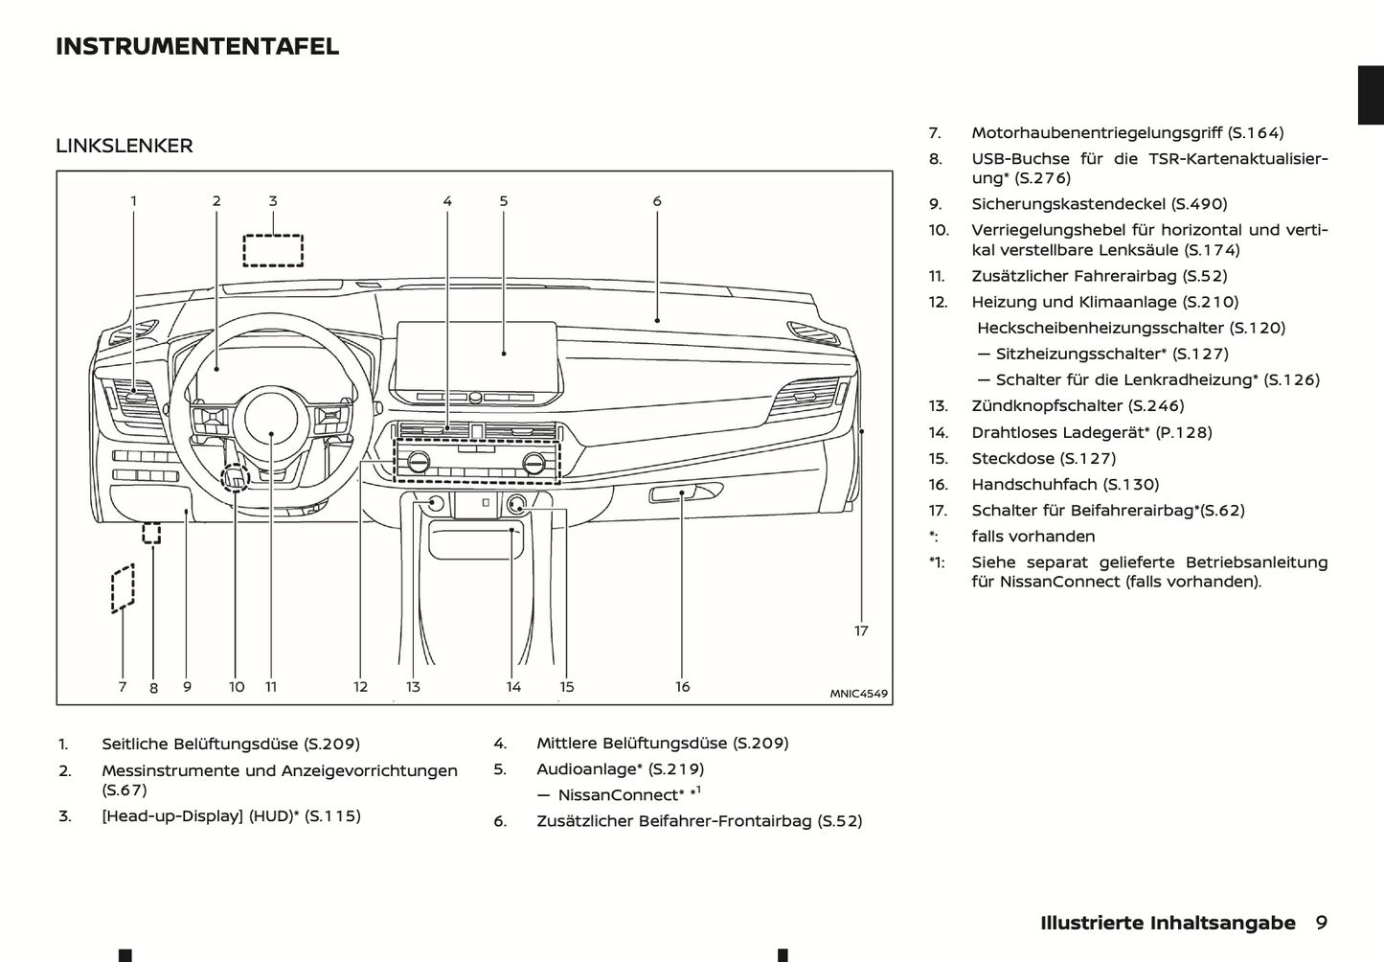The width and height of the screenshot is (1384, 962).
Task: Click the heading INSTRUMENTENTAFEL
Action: (x=197, y=46)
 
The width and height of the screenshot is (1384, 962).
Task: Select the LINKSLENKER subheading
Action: (x=125, y=146)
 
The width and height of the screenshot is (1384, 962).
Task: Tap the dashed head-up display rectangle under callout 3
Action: (x=273, y=250)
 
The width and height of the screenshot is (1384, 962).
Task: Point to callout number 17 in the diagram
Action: (x=861, y=630)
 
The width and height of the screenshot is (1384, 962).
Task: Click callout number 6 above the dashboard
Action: (x=657, y=201)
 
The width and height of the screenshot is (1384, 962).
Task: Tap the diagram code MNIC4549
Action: (x=858, y=694)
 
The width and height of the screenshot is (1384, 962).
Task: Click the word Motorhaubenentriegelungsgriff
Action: (x=1097, y=133)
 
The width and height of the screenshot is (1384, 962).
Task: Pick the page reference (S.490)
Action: (x=1199, y=204)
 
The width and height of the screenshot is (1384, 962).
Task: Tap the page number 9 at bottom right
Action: (x=1322, y=923)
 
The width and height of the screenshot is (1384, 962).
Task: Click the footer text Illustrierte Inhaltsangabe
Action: (x=1168, y=923)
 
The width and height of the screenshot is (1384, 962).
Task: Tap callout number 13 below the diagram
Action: (x=413, y=687)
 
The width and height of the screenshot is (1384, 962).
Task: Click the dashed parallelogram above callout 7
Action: (x=123, y=587)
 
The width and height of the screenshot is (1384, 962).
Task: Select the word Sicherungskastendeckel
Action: (x=1068, y=204)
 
